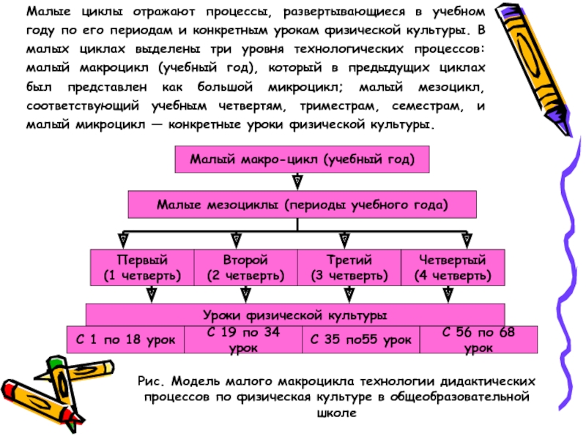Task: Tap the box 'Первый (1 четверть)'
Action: tap(142, 268)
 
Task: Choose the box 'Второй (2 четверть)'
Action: tap(245, 268)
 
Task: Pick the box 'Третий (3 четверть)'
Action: tap(349, 268)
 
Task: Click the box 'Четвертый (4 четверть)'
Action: tap(452, 268)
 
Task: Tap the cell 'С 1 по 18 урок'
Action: tap(127, 339)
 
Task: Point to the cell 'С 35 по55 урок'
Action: tap(361, 339)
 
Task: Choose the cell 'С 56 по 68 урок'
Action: tap(479, 339)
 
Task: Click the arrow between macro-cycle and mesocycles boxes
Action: tap(297, 181)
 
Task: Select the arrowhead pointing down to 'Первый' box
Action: tap(125, 240)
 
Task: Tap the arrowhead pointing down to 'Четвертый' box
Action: tap(466, 240)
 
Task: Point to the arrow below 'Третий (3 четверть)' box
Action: tap(349, 294)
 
